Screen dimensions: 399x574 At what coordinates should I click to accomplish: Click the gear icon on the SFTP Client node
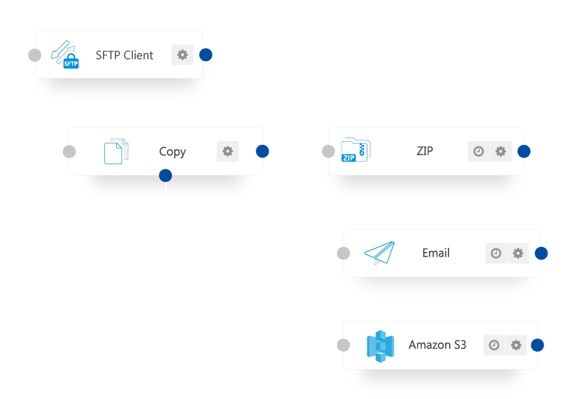click(x=182, y=55)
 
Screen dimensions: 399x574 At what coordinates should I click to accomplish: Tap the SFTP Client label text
click(x=124, y=55)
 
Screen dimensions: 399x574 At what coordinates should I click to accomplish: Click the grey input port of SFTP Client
click(x=35, y=55)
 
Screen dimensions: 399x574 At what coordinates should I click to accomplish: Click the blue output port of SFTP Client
click(x=206, y=55)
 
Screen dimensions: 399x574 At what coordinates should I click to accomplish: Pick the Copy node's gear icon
click(x=227, y=151)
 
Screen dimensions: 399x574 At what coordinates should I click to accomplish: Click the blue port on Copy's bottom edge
click(x=165, y=176)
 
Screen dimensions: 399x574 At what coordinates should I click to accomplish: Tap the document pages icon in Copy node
click(x=116, y=151)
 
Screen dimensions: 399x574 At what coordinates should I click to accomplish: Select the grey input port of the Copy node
click(x=68, y=152)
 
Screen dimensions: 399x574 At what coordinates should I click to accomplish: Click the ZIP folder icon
click(x=355, y=151)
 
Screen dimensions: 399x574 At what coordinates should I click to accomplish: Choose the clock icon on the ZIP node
click(x=478, y=151)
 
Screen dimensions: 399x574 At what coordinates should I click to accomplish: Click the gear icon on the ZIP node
click(x=501, y=151)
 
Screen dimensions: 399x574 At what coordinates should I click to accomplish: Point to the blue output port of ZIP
click(x=524, y=151)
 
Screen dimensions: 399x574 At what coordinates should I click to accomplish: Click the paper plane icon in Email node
click(x=379, y=253)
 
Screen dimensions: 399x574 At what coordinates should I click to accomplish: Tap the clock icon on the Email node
click(x=496, y=253)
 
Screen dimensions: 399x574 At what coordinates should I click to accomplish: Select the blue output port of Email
click(x=541, y=253)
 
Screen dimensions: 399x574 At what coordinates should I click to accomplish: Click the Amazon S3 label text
click(x=437, y=345)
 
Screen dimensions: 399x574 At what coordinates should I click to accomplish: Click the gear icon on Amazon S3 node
click(x=516, y=345)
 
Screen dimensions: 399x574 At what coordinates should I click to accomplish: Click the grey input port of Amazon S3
click(x=343, y=345)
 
